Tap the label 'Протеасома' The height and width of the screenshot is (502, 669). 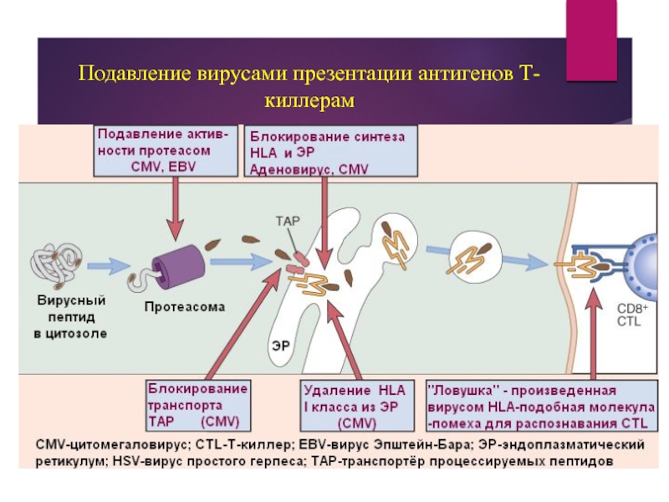pyautogui.click(x=184, y=307)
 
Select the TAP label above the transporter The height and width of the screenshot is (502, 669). pyautogui.click(x=288, y=221)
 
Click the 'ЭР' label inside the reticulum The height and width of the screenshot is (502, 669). pyautogui.click(x=280, y=345)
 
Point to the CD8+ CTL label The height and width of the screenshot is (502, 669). pyautogui.click(x=632, y=315)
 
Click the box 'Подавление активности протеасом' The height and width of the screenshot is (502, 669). pyautogui.click(x=166, y=151)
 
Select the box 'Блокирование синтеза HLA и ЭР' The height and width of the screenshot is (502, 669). pyautogui.click(x=330, y=151)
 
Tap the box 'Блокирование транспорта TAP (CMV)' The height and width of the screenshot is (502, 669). pyautogui.click(x=198, y=406)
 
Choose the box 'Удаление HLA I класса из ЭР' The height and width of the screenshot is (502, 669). pyautogui.click(x=357, y=406)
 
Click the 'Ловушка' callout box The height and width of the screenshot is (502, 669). pyautogui.click(x=542, y=406)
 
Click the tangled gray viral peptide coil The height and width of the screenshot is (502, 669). pyautogui.click(x=56, y=265)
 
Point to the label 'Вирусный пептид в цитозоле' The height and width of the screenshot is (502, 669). pyautogui.click(x=71, y=317)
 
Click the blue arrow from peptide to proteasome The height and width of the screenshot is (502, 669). pyautogui.click(x=109, y=266)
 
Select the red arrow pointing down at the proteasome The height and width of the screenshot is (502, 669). pyautogui.click(x=175, y=208)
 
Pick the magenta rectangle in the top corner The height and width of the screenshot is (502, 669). pyautogui.click(x=591, y=40)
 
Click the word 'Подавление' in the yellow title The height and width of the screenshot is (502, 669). pyautogui.click(x=135, y=74)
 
